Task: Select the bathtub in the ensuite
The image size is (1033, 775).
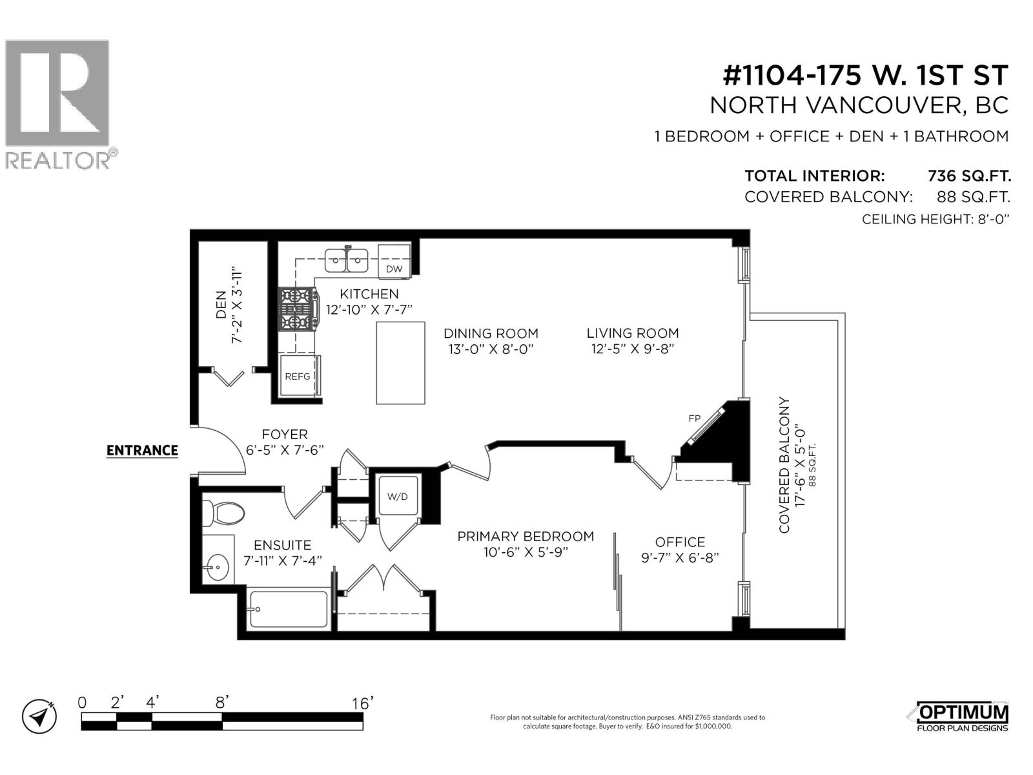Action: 288,608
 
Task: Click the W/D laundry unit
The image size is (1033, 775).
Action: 397,496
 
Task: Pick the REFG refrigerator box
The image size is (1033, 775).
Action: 298,376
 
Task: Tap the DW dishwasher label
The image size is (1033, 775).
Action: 394,269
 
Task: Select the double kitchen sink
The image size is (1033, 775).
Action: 346,260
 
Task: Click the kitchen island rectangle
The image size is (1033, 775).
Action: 400,362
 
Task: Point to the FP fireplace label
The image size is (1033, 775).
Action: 694,418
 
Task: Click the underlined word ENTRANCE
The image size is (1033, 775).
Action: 142,450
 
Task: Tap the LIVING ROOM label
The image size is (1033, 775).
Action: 632,333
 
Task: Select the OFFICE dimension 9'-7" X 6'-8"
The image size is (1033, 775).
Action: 680,557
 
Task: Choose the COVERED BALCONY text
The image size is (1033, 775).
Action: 784,465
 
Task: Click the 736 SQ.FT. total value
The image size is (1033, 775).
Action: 968,176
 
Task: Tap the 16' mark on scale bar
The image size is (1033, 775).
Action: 362,703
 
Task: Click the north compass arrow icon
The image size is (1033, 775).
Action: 39,716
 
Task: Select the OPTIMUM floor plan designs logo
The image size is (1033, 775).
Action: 962,717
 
